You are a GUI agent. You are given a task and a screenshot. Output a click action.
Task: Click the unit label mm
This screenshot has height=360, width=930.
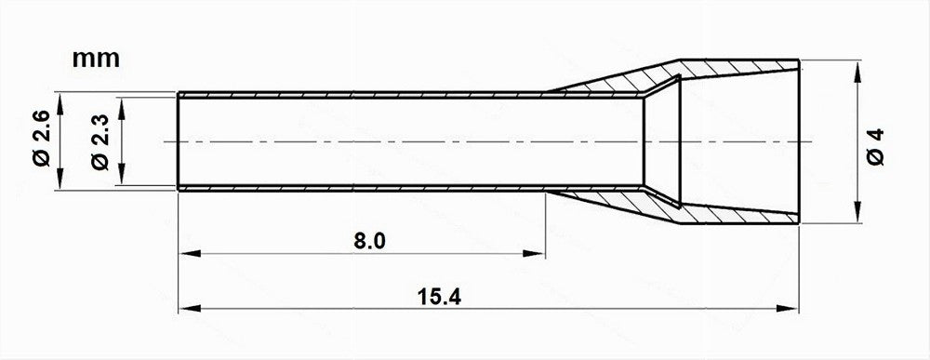(x=96, y=60)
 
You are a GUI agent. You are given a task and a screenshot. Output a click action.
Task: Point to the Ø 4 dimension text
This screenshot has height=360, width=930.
(x=875, y=146)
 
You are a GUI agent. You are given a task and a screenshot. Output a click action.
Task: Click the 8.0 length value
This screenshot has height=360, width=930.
(x=369, y=241)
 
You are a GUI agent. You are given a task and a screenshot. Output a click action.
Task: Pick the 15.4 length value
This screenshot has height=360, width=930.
(x=439, y=297)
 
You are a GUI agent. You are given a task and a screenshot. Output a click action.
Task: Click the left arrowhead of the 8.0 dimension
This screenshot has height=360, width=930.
(x=189, y=254)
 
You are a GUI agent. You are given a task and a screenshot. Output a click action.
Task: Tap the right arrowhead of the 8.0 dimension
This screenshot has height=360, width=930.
(x=534, y=254)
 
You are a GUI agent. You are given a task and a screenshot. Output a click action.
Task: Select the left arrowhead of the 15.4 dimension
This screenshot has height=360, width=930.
(x=189, y=309)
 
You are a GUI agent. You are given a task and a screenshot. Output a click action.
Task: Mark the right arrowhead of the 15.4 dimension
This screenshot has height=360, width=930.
(x=787, y=309)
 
